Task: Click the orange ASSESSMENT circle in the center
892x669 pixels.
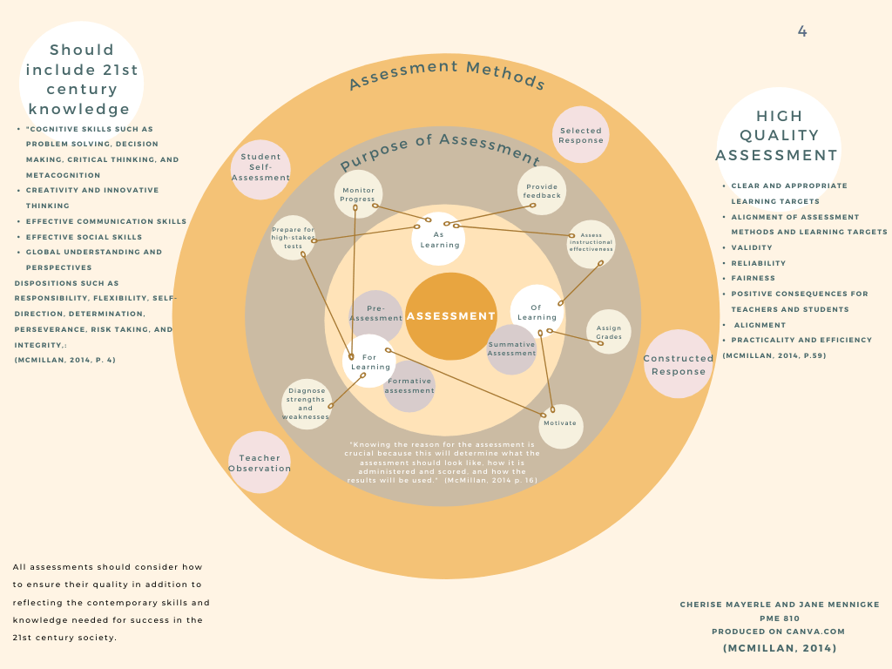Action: [x=450, y=316]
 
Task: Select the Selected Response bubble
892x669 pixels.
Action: [x=581, y=135]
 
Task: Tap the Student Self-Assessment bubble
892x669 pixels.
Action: [x=260, y=169]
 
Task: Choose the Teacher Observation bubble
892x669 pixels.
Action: [x=260, y=463]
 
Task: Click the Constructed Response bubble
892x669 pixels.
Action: [x=679, y=364]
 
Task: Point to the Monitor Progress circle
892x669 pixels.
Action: [x=358, y=193]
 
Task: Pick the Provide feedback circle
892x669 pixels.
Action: [x=542, y=191]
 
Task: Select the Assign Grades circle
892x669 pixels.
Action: [x=609, y=332]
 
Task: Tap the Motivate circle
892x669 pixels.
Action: [x=560, y=424]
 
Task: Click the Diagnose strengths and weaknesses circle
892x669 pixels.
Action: [x=306, y=403]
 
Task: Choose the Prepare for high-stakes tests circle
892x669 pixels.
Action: [x=293, y=238]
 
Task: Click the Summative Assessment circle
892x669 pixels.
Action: [x=511, y=348]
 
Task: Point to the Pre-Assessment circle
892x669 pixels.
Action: [x=375, y=314]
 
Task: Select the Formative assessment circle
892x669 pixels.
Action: [x=409, y=386]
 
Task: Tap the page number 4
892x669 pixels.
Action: [x=802, y=32]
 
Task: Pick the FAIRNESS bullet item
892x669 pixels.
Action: [x=752, y=279]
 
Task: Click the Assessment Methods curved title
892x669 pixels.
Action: [x=446, y=76]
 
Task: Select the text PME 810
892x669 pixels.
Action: [x=780, y=618]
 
